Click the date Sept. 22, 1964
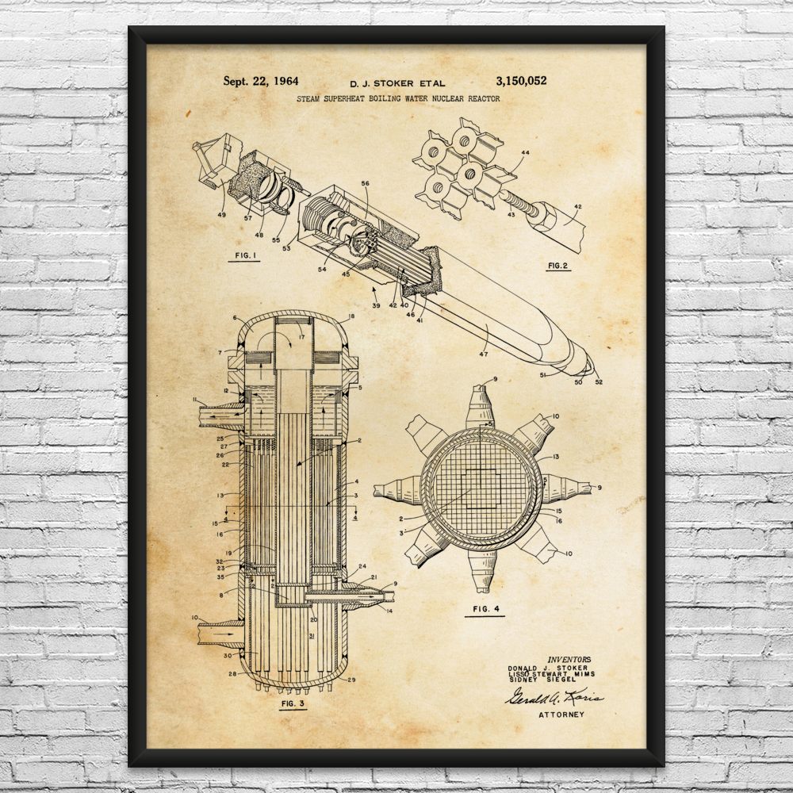[255, 81]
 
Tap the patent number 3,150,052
[520, 81]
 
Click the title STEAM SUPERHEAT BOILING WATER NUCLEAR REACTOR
[398, 99]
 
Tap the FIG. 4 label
[485, 610]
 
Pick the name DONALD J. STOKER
[546, 668]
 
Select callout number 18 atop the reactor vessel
[351, 316]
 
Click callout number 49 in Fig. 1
[221, 213]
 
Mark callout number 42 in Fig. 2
[577, 207]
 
